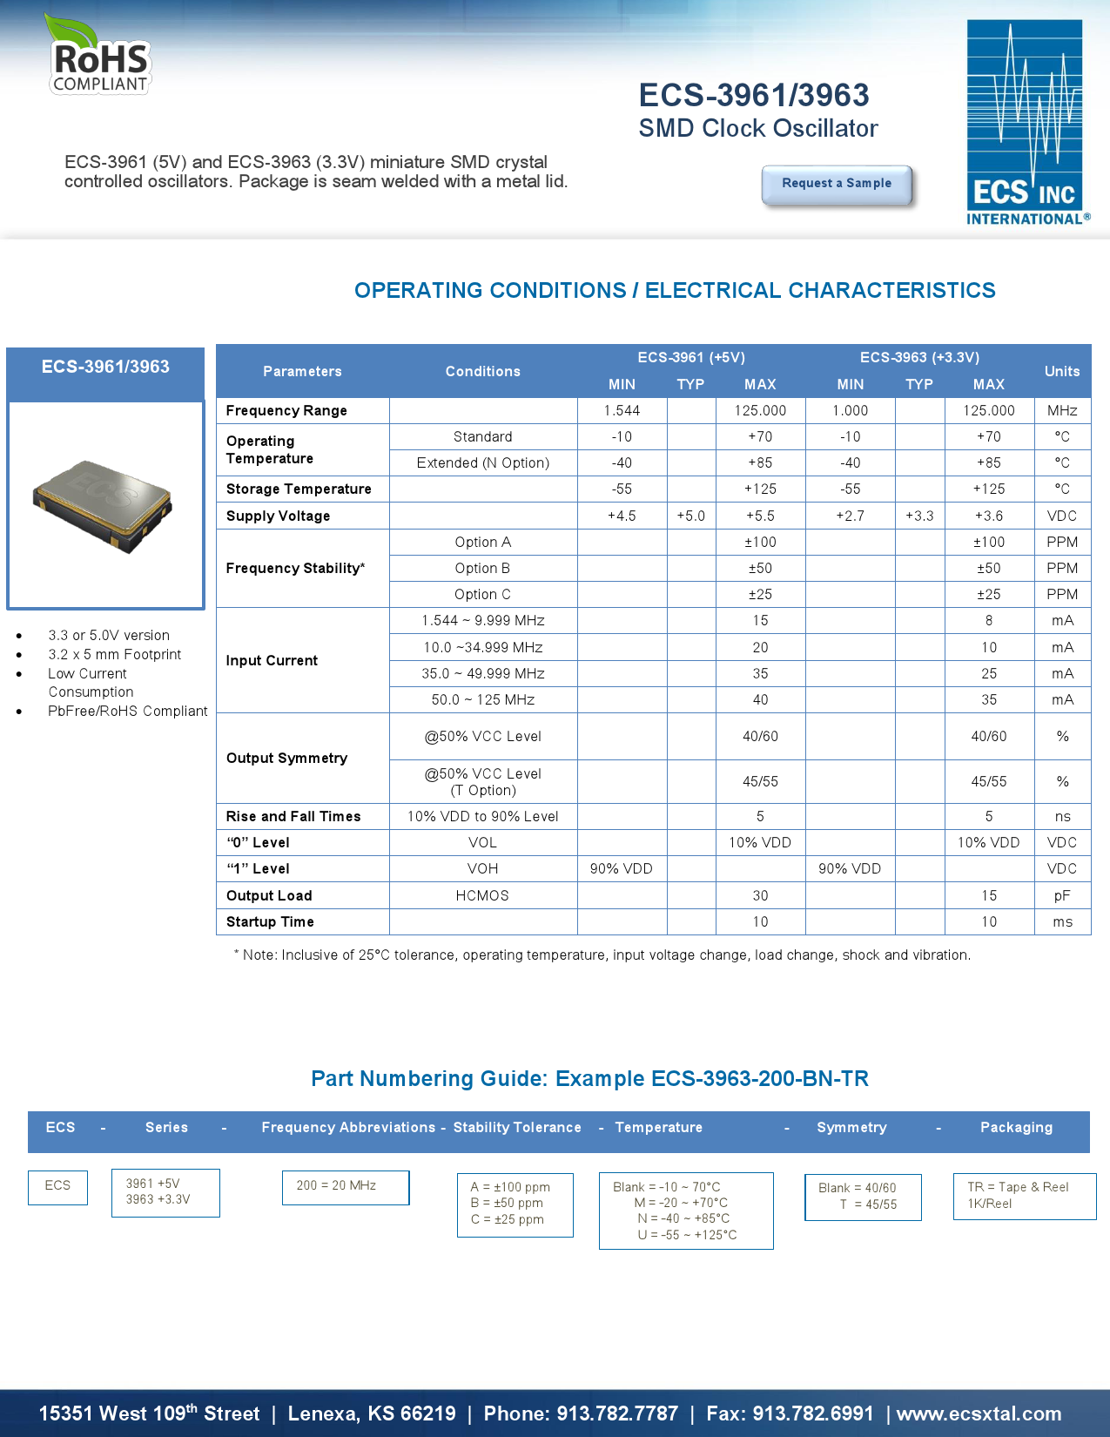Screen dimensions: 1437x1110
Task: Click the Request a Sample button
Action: pos(837,184)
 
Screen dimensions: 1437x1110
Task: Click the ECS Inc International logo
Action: pos(1026,122)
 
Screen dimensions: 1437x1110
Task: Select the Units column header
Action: pos(1062,371)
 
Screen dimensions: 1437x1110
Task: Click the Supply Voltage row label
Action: pos(278,516)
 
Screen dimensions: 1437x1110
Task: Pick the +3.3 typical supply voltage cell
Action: pos(919,516)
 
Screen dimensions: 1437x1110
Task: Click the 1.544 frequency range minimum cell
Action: pos(622,410)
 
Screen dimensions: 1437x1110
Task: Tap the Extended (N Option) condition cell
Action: pos(482,462)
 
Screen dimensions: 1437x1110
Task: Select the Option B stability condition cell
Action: pos(482,568)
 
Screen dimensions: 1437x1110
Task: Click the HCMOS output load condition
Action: pos(482,895)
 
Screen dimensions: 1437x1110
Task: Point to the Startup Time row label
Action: pos(270,921)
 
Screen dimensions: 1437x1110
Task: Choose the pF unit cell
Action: pos(1062,895)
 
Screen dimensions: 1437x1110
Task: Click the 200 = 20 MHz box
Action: pos(345,1186)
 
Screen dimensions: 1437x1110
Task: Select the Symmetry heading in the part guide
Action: pos(851,1127)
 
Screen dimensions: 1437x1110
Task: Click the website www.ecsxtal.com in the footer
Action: pos(979,1413)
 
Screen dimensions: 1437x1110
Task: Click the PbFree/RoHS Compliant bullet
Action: pos(128,711)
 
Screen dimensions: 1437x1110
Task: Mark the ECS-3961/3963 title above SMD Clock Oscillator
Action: pos(754,95)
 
